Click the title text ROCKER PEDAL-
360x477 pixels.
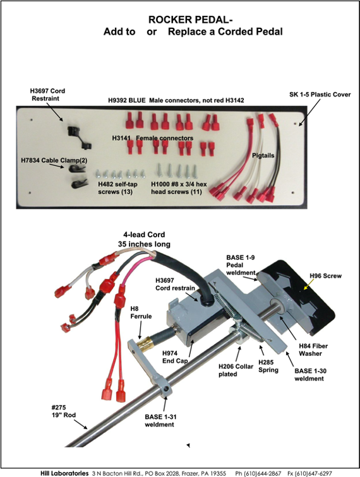point(190,20)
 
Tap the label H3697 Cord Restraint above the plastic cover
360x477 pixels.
point(47,95)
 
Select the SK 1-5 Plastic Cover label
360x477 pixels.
point(320,95)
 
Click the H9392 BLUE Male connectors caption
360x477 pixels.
point(176,100)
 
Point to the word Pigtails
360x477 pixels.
point(263,155)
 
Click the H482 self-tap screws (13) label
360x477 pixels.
point(117,188)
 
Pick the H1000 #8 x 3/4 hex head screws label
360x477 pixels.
point(179,188)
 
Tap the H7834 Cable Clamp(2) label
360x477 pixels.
point(54,160)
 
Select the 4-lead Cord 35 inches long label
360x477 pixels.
point(144,239)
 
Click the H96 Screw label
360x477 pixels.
point(326,276)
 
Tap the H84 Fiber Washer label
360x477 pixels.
point(313,350)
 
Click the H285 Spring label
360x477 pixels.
point(268,366)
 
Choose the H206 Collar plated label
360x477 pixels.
point(236,370)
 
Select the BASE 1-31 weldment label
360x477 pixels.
point(160,420)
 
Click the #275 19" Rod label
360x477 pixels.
point(64,411)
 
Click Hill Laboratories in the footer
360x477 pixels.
point(64,473)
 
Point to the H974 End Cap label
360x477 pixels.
point(175,357)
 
